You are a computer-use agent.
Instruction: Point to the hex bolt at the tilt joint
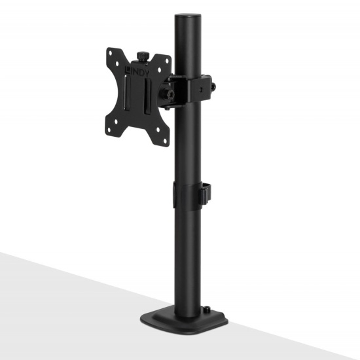(170, 94)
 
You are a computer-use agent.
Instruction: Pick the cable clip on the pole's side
(209, 192)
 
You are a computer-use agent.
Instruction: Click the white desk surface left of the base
(65, 308)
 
